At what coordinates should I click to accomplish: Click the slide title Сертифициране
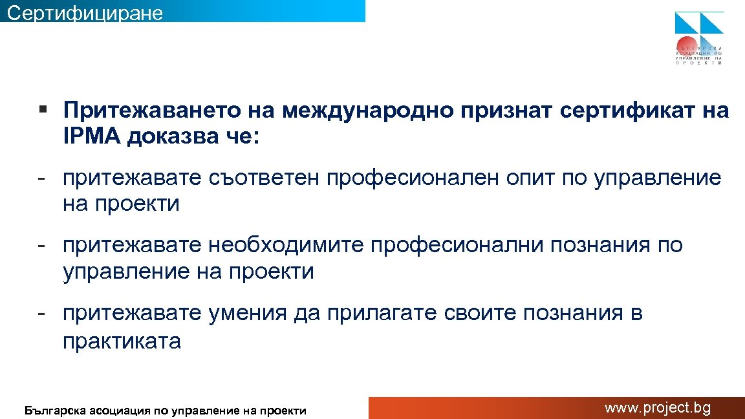point(85,12)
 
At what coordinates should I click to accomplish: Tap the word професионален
point(412,178)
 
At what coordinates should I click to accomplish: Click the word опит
point(530,178)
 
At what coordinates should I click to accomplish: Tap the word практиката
point(122,341)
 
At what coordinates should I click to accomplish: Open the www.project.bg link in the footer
point(657,408)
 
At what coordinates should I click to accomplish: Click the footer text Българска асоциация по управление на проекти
point(165,410)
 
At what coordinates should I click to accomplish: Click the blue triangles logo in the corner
point(699,23)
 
